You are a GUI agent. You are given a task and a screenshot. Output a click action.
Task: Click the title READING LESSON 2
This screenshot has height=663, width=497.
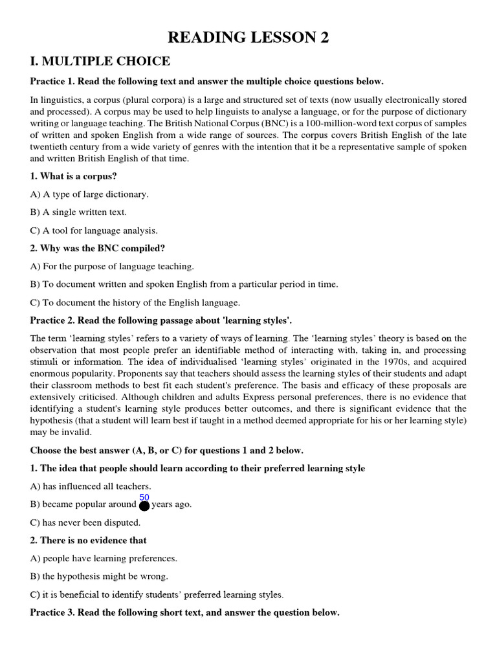[248, 38]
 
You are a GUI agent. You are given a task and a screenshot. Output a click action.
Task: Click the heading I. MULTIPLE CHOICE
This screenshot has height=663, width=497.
[100, 62]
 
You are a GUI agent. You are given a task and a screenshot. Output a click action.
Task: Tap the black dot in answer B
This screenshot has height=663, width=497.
[144, 505]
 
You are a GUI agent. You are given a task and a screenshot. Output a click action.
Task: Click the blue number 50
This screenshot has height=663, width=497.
[144, 497]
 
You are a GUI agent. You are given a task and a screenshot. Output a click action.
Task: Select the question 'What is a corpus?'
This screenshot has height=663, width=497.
[74, 176]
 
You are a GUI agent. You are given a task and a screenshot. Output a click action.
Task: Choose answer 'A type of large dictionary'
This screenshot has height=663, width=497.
[89, 194]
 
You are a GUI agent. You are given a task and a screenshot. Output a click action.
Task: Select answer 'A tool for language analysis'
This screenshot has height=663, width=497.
[94, 230]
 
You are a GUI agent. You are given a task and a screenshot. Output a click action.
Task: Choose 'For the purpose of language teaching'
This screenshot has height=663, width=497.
[112, 266]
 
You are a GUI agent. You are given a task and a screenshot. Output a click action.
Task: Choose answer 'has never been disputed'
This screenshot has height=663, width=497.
[85, 522]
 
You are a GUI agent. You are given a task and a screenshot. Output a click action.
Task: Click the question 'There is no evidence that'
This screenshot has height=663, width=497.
[89, 540]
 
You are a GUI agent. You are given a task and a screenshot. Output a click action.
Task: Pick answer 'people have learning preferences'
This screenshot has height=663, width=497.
[104, 558]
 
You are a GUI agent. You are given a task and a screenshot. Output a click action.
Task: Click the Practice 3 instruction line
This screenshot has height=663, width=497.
[184, 612]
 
